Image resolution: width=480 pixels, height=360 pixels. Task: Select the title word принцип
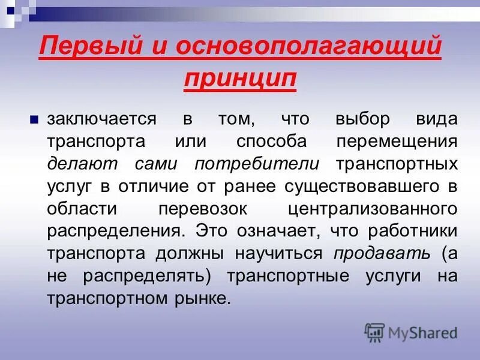tap(240, 79)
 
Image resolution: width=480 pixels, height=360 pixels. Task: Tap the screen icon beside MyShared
tap(374, 332)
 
